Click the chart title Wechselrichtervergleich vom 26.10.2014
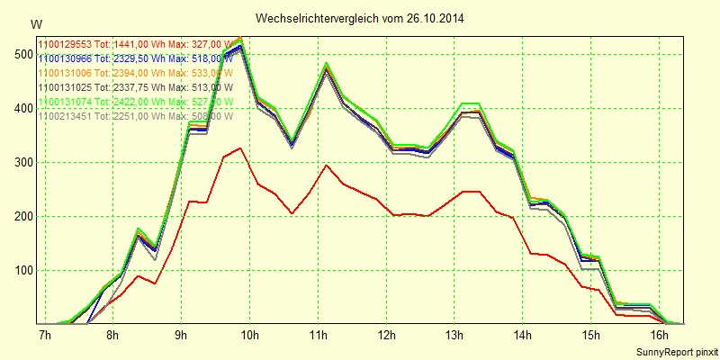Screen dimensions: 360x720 pyautogui.click(x=360, y=18)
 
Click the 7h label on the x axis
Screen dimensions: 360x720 pyautogui.click(x=44, y=336)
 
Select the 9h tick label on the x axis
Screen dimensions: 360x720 pyautogui.click(x=181, y=336)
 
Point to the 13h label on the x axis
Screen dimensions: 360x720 pyautogui.click(x=454, y=336)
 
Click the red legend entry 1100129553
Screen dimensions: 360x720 pyautogui.click(x=135, y=43)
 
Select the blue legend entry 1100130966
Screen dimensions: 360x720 pyautogui.click(x=135, y=58)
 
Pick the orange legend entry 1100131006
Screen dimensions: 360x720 pyautogui.click(x=135, y=72)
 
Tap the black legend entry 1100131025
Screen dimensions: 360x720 pyautogui.click(x=135, y=86)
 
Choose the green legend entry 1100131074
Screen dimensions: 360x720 pyautogui.click(x=135, y=102)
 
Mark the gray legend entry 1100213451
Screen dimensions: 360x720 pyautogui.click(x=135, y=116)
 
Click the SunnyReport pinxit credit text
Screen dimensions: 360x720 pyautogui.click(x=677, y=352)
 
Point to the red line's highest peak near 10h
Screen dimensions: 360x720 pyautogui.click(x=239, y=148)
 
